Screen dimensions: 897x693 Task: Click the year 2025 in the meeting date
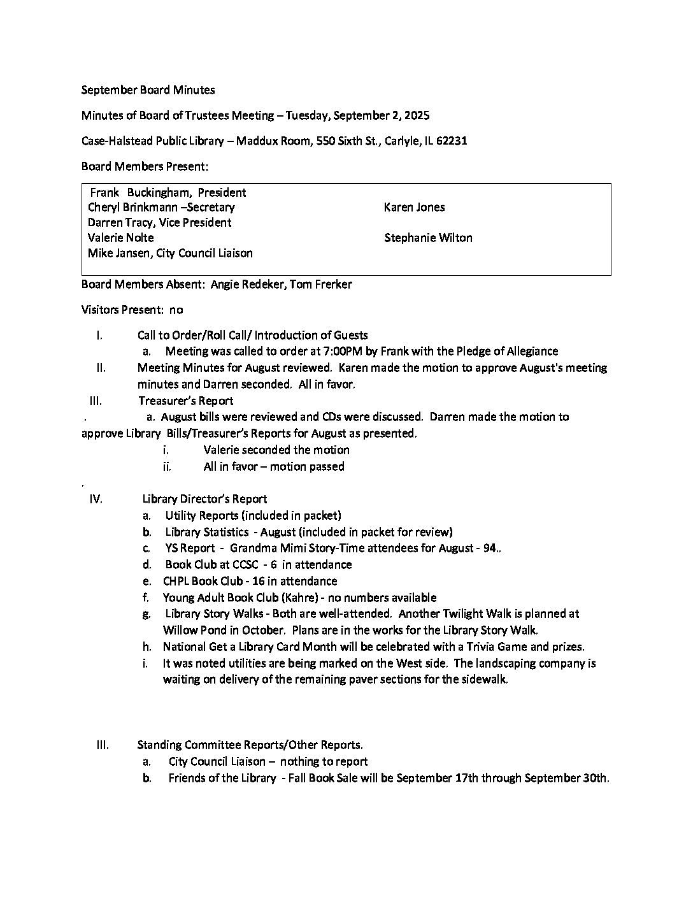[x=417, y=115]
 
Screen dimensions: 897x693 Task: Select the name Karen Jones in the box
[x=414, y=207]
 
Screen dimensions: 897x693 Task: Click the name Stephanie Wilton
[x=428, y=238]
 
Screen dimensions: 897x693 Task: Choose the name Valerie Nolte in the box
[x=121, y=238]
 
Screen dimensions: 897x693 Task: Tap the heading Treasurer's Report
[x=185, y=401]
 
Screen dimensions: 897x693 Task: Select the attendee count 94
[x=489, y=548]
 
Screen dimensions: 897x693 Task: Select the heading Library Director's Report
[x=204, y=499]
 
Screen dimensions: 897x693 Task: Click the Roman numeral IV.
[x=96, y=499]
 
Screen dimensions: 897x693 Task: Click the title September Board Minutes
[x=148, y=90]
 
